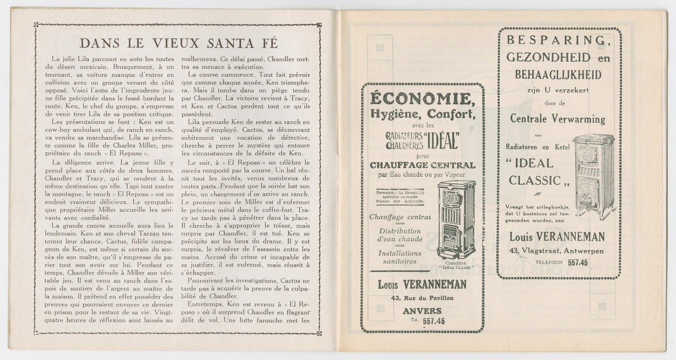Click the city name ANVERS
click(422, 310)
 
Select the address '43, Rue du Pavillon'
click(422, 297)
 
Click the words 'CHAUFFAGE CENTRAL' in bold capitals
click(422, 165)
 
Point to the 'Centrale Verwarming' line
click(557, 119)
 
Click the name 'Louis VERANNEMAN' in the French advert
click(422, 285)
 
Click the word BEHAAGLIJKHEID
click(558, 74)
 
